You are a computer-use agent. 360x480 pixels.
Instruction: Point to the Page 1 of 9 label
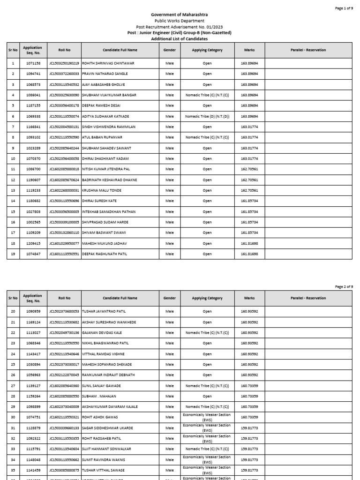tap(344, 8)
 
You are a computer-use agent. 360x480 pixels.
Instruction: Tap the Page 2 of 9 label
tap(344, 286)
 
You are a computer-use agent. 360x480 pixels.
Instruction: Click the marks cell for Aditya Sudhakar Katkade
tap(249, 116)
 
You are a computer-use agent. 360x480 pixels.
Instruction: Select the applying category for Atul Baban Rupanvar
tap(207, 137)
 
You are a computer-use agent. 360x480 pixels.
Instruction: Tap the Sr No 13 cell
tap(13, 190)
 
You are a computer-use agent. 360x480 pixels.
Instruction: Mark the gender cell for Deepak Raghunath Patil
tap(169, 254)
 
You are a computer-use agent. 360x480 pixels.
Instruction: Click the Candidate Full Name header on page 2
tap(120, 298)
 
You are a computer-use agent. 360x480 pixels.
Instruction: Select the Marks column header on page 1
tap(249, 50)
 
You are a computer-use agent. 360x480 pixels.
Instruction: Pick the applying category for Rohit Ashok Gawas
tap(207, 417)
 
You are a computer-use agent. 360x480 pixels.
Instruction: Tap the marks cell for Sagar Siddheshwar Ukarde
tap(249, 428)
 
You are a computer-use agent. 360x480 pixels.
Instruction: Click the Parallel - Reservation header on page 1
tap(308, 50)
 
